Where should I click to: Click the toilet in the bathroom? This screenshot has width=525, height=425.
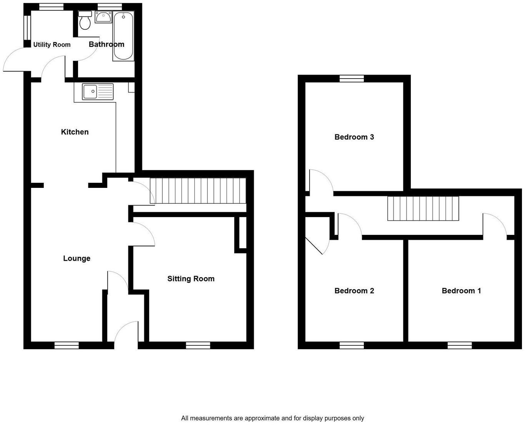pos(85,20)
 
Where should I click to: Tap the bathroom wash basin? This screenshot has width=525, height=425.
pos(103,17)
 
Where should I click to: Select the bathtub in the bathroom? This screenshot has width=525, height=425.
pos(123,36)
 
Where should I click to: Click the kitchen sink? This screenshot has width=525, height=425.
pos(98,92)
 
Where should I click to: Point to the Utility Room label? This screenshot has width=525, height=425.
pos(52,45)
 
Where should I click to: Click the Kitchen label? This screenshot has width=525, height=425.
pos(75,132)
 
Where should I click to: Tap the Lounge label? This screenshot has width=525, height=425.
pos(77,258)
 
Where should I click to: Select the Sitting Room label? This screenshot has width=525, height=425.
pos(191,279)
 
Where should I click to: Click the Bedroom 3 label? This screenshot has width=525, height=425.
pos(354,137)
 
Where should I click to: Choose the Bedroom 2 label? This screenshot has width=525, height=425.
pos(354,291)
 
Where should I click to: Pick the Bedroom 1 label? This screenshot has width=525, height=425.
pos(461,291)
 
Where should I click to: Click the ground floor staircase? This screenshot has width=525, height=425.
pos(198,191)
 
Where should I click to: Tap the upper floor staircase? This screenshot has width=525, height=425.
pos(423,208)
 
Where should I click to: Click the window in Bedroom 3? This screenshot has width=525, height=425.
pos(352,79)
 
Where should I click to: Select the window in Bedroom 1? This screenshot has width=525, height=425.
pos(460,345)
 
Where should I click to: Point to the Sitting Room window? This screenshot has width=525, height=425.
pos(198,345)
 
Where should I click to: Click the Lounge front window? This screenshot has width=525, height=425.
pos(67,345)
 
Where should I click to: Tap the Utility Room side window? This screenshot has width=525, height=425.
pos(27,27)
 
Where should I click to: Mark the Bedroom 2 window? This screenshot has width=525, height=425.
pos(352,345)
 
